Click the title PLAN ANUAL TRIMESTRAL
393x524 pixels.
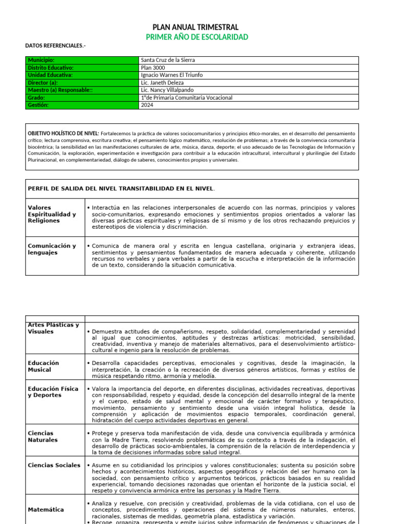pyautogui.click(x=196, y=27)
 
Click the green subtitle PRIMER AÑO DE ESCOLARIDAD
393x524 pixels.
pyautogui.click(x=196, y=37)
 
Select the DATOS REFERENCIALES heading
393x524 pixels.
pyautogui.click(x=56, y=46)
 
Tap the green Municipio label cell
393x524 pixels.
pyautogui.click(x=82, y=60)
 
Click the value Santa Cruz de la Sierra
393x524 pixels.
pyautogui.click(x=168, y=60)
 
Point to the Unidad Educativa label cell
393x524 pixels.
pyautogui.click(x=82, y=75)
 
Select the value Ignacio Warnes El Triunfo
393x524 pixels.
pyautogui.click(x=171, y=75)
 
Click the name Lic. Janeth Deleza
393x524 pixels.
pyautogui.click(x=162, y=82)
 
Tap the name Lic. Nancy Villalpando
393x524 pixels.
pyautogui.click(x=167, y=90)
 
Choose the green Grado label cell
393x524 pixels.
pyautogui.click(x=82, y=98)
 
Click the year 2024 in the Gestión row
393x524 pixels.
pyautogui.click(x=147, y=105)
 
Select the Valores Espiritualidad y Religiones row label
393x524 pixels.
pyautogui.click(x=52, y=214)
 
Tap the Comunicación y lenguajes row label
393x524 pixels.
pyautogui.click(x=52, y=249)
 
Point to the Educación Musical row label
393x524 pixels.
pyautogui.click(x=43, y=366)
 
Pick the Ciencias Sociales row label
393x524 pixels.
pyautogui.click(x=54, y=465)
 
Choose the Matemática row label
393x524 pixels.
pyautogui.click(x=46, y=510)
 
